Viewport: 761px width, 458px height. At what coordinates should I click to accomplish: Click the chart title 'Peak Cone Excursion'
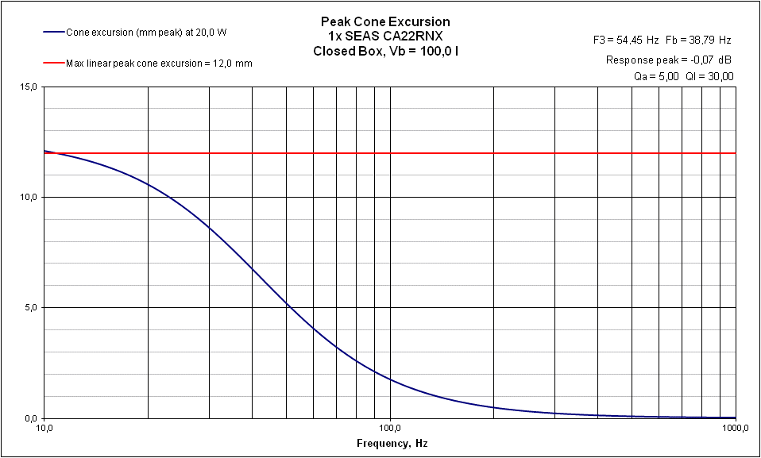[385, 22]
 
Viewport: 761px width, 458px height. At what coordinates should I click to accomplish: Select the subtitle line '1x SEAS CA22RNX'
[385, 37]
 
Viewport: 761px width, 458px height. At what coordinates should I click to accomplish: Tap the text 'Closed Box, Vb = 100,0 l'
[385, 51]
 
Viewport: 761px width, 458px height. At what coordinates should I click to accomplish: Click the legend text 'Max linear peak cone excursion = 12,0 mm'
[159, 63]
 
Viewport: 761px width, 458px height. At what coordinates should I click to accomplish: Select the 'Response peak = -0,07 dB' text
[669, 60]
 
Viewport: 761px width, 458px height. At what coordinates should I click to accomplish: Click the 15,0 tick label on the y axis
[29, 87]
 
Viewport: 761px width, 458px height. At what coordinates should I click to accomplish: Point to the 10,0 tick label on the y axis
[29, 197]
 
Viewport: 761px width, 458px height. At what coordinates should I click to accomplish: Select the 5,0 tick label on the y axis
[31, 307]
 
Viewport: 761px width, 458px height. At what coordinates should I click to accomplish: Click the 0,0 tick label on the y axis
[31, 418]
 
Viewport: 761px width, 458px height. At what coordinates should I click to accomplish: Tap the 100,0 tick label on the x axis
[389, 429]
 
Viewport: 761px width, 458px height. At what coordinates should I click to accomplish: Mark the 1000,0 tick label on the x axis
[734, 429]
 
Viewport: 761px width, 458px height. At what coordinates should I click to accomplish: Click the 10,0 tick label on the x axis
[44, 429]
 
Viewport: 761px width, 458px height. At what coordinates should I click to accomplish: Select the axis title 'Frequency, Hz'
[392, 443]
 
